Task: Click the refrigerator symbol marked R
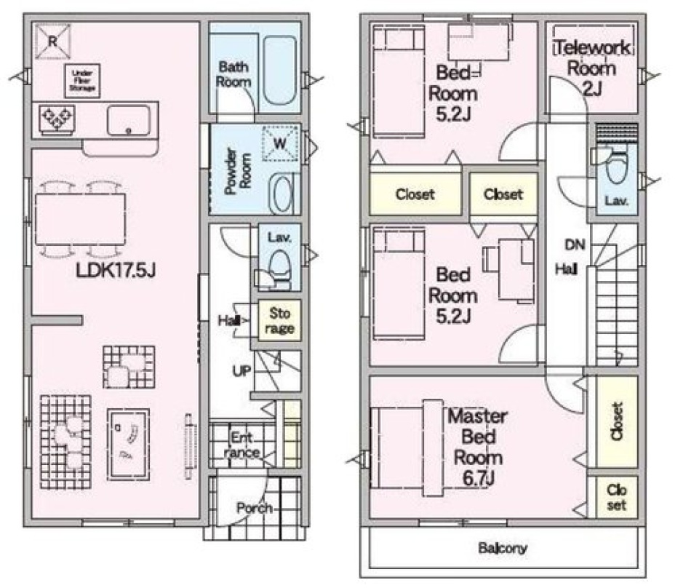click(x=52, y=41)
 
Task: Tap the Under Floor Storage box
click(x=82, y=81)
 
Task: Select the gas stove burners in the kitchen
click(x=57, y=118)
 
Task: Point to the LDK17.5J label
click(x=116, y=271)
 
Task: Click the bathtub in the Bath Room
click(x=280, y=70)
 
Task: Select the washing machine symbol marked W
click(x=280, y=143)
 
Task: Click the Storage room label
click(x=279, y=320)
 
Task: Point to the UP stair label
click(x=241, y=371)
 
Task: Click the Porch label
click(x=255, y=508)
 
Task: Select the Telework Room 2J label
click(x=592, y=68)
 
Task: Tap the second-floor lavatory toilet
click(x=616, y=165)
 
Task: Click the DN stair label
click(x=575, y=245)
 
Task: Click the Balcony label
click(x=503, y=548)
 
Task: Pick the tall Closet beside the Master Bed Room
click(x=617, y=422)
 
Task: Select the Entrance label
click(x=241, y=445)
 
